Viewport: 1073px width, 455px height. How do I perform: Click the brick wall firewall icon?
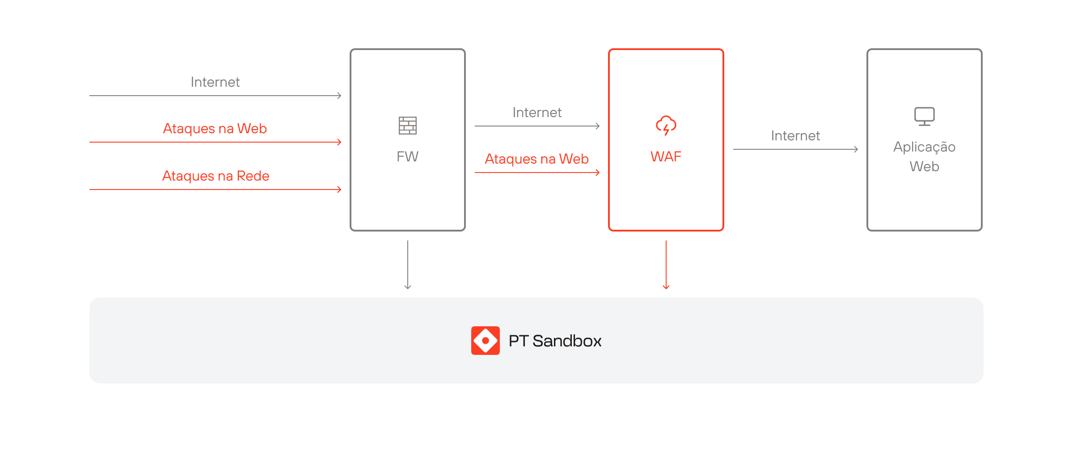[407, 126]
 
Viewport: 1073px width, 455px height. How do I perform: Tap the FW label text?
[407, 156]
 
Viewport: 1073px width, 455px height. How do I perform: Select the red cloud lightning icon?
[666, 125]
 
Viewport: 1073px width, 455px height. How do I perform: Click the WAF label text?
[666, 156]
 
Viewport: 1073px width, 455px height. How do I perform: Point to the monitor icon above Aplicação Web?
[924, 116]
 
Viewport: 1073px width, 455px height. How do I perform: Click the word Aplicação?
[924, 147]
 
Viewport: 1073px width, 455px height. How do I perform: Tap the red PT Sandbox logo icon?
[485, 341]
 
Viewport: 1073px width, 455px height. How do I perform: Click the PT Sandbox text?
[555, 341]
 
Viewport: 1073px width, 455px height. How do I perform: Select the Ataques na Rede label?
[215, 176]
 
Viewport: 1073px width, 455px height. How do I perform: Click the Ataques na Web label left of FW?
[215, 129]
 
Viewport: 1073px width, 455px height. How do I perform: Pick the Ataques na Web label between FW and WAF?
[536, 159]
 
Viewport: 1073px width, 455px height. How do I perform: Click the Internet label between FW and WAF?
[537, 113]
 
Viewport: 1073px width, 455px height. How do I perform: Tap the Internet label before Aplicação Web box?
[795, 136]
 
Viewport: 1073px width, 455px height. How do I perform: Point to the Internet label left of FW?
[215, 82]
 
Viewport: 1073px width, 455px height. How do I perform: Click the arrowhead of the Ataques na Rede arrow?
[339, 190]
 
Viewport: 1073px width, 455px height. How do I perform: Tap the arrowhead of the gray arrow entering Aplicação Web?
[856, 149]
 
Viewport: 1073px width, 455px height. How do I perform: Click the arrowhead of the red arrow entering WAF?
[598, 173]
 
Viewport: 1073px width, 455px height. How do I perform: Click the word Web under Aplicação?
[924, 167]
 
